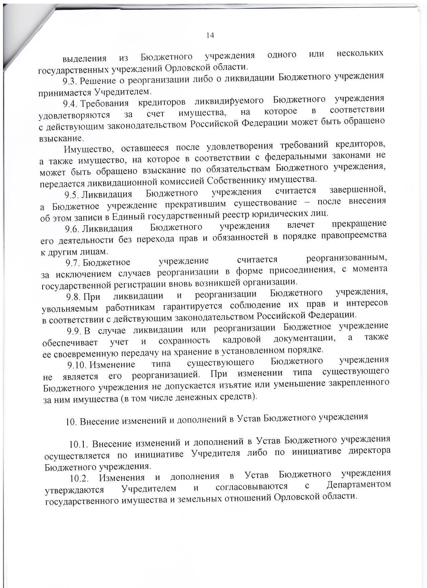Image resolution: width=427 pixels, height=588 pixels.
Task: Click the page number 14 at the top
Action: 210,36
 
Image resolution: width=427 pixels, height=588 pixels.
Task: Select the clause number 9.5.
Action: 72,195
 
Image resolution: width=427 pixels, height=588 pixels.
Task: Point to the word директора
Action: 369,450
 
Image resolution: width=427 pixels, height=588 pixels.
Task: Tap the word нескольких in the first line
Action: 360,53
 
